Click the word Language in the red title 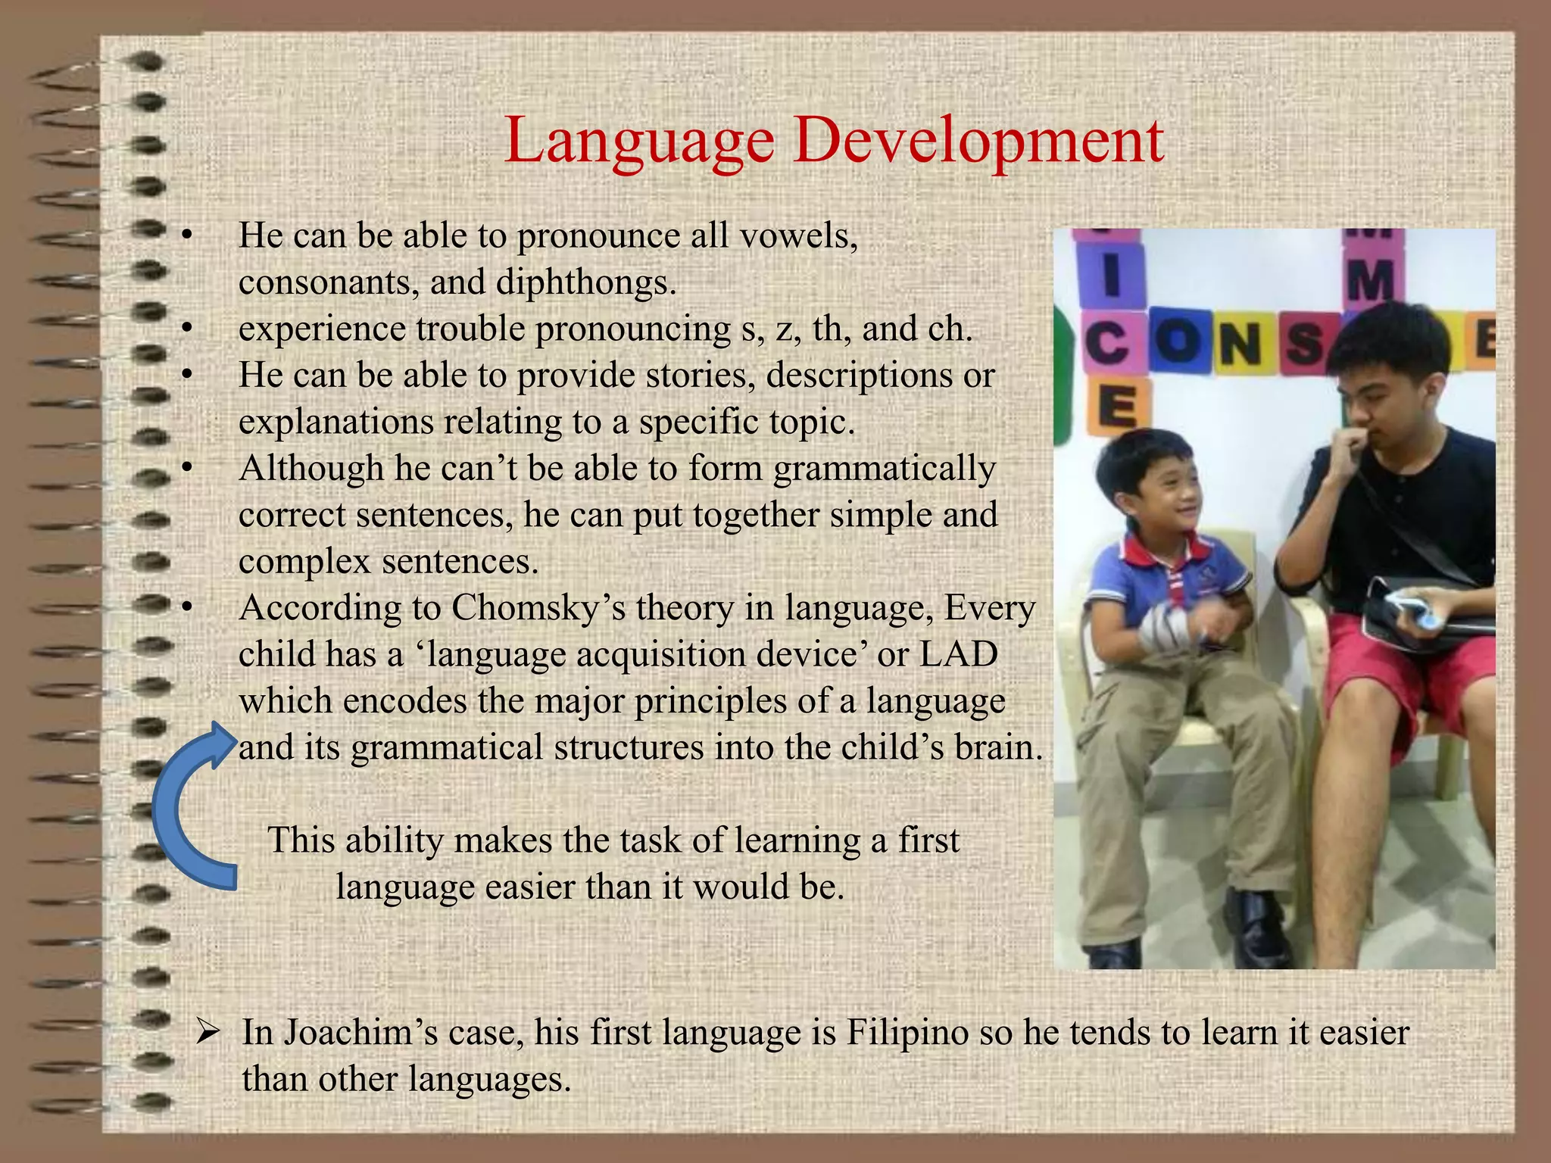coord(638,141)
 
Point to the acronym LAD coord(959,654)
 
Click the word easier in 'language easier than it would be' coord(530,887)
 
